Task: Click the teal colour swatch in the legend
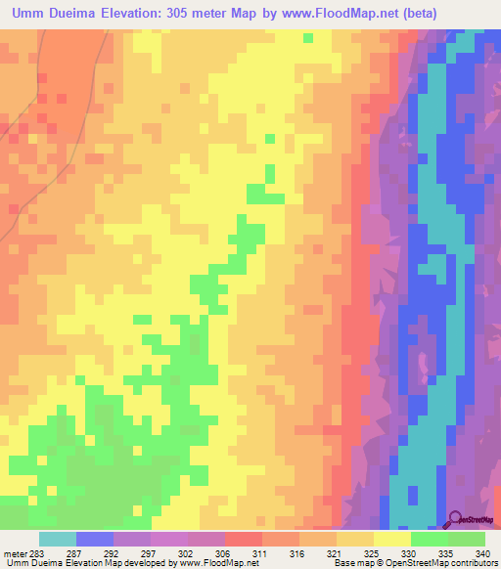point(58,539)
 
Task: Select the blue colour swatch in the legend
point(95,539)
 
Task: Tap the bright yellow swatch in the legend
point(392,539)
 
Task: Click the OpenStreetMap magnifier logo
point(456,518)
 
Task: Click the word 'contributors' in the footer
point(472,563)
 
